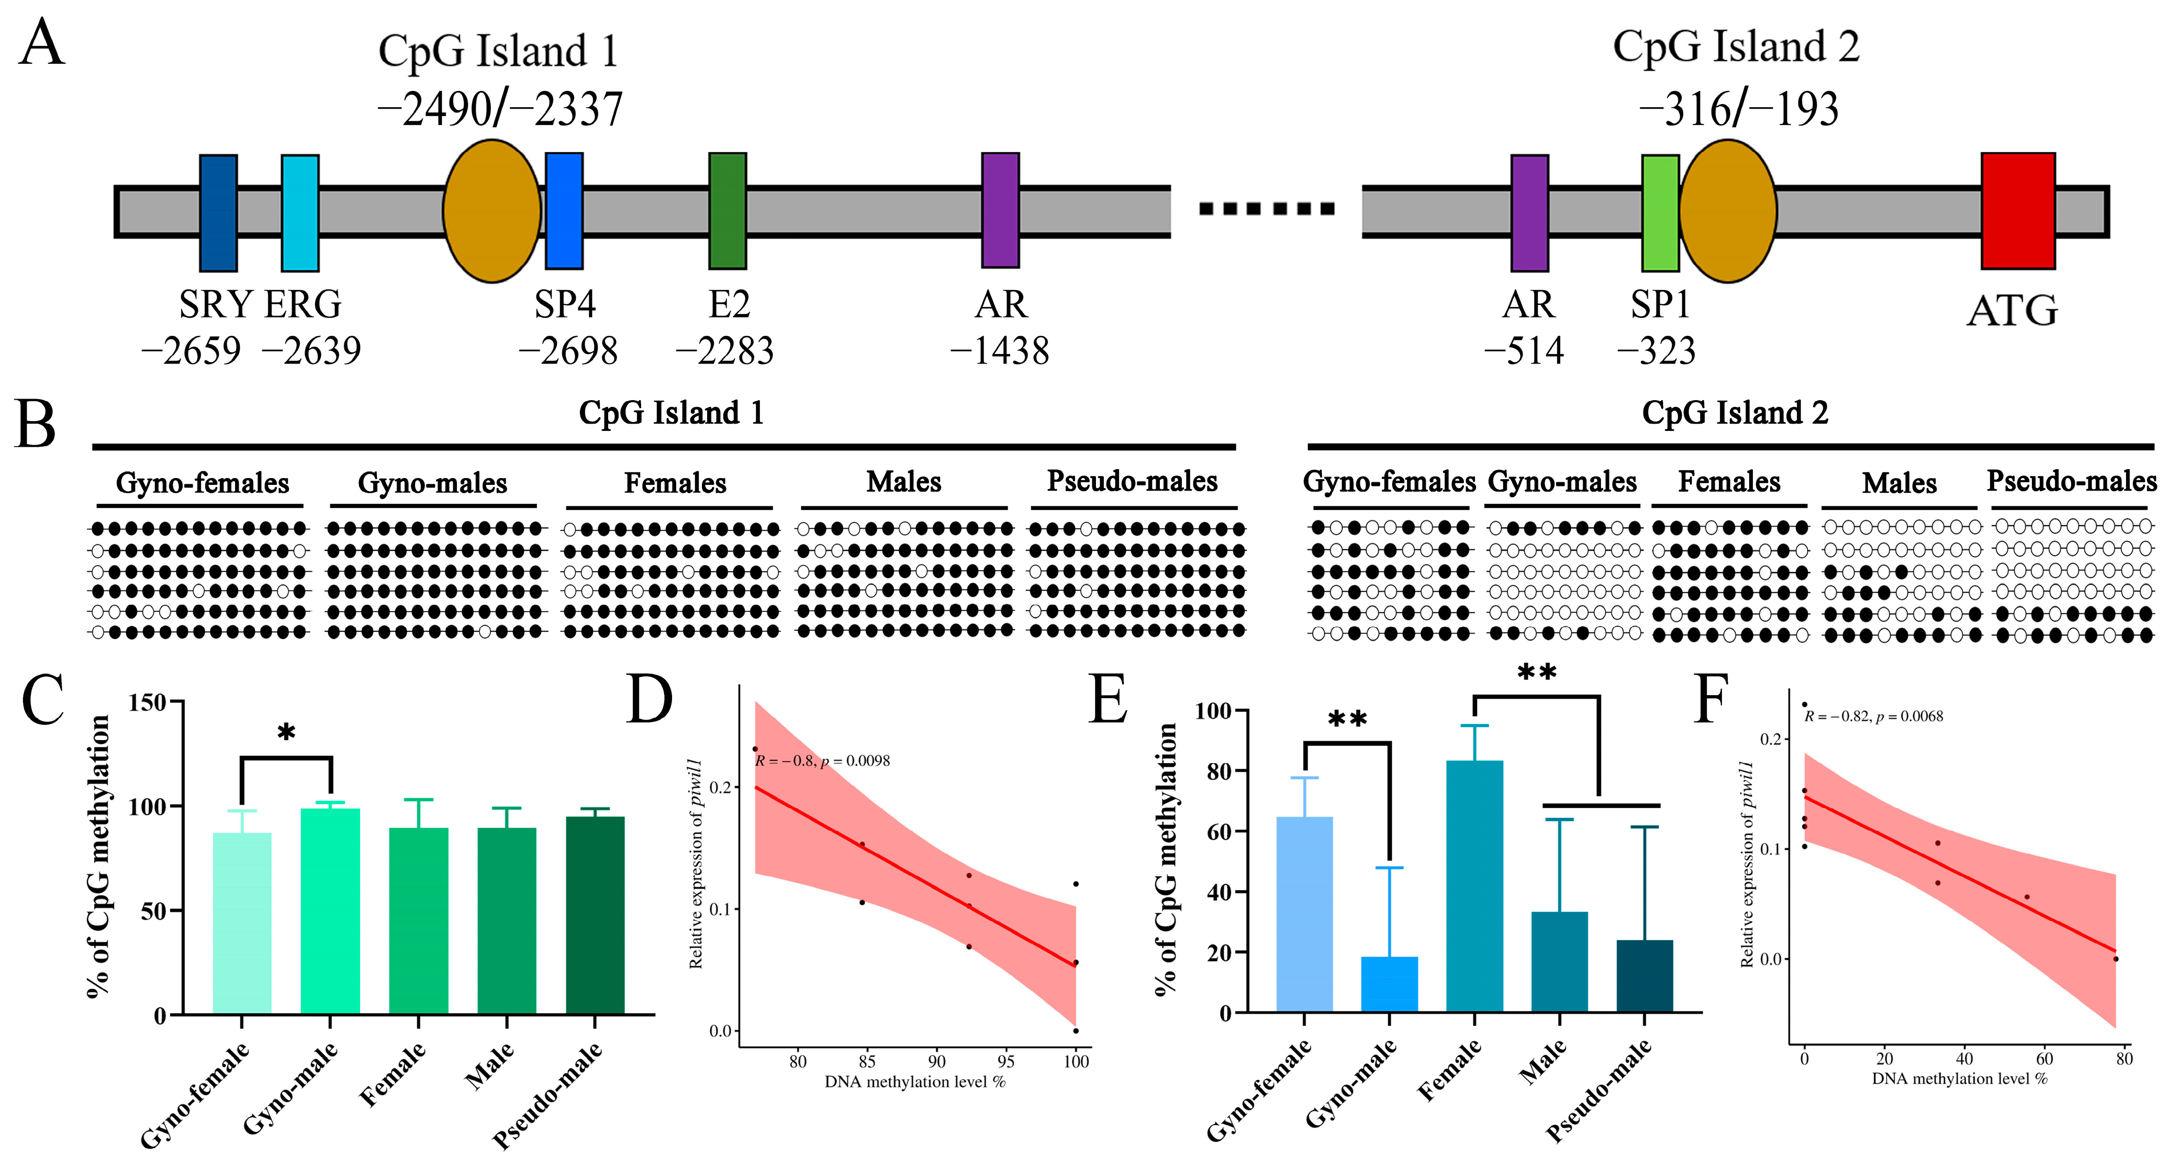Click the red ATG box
pyautogui.click(x=2018, y=211)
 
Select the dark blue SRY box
pyautogui.click(x=218, y=213)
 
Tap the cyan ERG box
pyautogui.click(x=300, y=213)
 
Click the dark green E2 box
pyautogui.click(x=727, y=211)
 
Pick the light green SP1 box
pyautogui.click(x=1660, y=213)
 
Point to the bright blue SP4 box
pyautogui.click(x=564, y=211)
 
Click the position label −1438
pyautogui.click(x=1000, y=351)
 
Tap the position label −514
pyautogui.click(x=1524, y=351)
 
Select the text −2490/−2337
pyautogui.click(x=499, y=109)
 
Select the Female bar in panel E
pyautogui.click(x=1474, y=886)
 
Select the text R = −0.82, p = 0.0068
pyautogui.click(x=1873, y=717)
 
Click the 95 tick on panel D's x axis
pyautogui.click(x=1006, y=1062)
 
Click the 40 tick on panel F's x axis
pyautogui.click(x=1964, y=1059)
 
